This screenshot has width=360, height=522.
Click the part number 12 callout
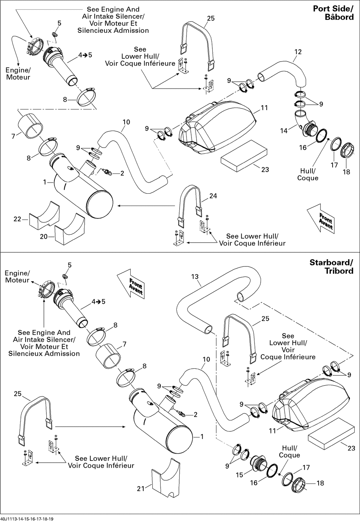[x=298, y=52]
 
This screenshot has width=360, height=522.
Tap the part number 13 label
[x=195, y=276]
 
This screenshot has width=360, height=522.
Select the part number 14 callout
[x=284, y=131]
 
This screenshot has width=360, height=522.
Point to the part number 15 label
[x=239, y=475]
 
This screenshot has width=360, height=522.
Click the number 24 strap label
[x=213, y=196]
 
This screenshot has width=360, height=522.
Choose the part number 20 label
[x=44, y=236]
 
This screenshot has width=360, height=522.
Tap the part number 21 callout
[x=141, y=488]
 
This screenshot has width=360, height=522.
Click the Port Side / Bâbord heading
[x=333, y=13]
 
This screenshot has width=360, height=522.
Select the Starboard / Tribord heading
[x=332, y=266]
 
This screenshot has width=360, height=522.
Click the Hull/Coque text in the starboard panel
[x=289, y=451]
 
